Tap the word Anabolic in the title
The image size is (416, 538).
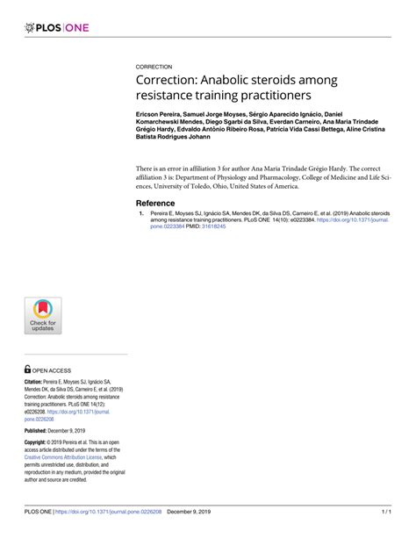(x=229, y=78)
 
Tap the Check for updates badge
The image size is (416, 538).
(x=43, y=315)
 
